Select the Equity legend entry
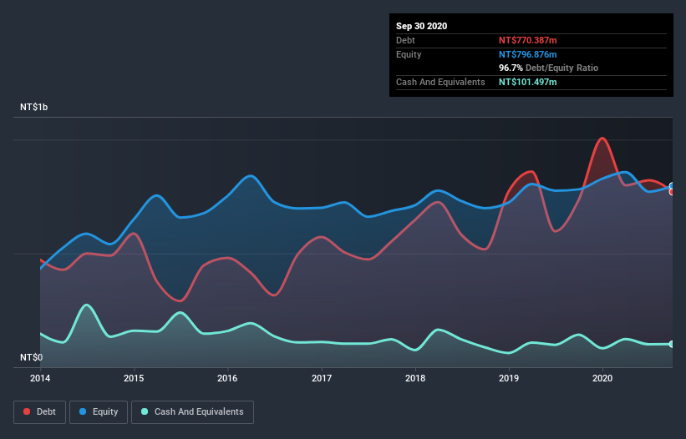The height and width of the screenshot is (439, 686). tap(99, 411)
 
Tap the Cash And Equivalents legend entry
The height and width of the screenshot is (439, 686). tap(192, 411)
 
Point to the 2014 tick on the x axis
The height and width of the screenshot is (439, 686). tap(40, 378)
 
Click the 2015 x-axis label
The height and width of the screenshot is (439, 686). tap(134, 378)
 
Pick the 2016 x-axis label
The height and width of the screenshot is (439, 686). tap(227, 378)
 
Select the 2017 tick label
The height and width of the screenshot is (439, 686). tap(322, 378)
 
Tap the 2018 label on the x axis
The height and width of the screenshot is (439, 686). tap(415, 378)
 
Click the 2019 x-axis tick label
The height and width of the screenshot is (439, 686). tap(509, 378)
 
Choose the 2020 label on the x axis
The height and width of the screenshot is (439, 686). tap(602, 378)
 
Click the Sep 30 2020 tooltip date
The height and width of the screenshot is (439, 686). tap(421, 26)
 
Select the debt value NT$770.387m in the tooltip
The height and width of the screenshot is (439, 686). tap(527, 40)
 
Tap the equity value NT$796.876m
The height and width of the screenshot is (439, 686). tap(527, 54)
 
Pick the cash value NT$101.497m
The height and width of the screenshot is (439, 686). tap(527, 82)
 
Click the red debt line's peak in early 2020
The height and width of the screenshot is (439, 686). tap(602, 139)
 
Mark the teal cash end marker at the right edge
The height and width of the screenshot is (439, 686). tap(671, 344)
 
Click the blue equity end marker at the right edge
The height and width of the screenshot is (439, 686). tap(671, 186)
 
